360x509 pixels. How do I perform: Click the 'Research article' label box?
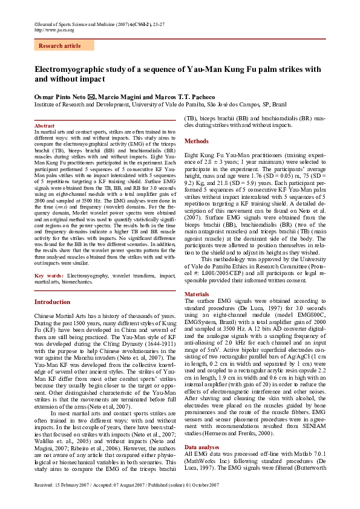(x=59, y=45)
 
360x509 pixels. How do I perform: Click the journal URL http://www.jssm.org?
(x=54, y=29)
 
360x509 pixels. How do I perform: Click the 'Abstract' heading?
(x=45, y=126)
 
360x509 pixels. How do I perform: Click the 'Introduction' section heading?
(x=52, y=302)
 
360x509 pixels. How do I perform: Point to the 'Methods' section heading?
(x=197, y=141)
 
